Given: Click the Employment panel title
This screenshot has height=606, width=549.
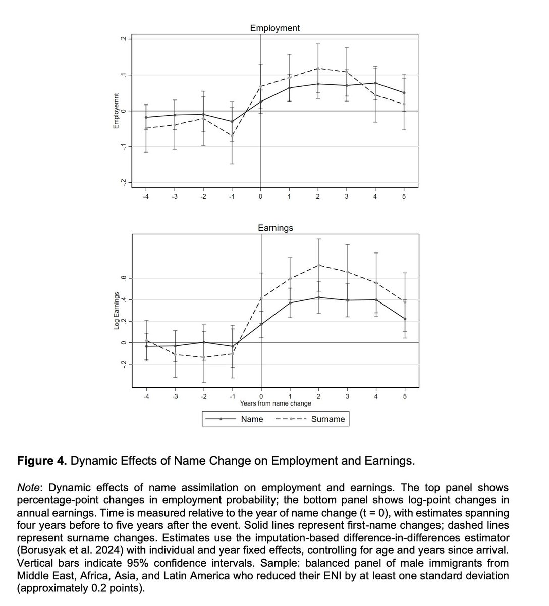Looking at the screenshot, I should click(274, 28).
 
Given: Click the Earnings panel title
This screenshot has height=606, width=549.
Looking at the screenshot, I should click(275, 228).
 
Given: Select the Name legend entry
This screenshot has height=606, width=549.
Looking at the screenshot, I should click(252, 419).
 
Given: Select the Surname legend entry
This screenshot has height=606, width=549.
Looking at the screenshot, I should click(328, 419).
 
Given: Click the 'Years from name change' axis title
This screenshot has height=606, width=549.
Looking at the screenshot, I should click(275, 403).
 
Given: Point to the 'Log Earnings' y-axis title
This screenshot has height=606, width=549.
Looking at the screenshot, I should click(117, 311).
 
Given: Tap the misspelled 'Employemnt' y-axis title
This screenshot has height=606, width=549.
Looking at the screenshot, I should click(116, 111).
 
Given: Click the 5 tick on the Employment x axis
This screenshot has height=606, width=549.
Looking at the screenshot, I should click(404, 196).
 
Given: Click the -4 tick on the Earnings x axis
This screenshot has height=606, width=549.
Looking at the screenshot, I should click(146, 396).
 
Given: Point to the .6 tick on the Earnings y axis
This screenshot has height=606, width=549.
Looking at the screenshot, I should click(122, 278).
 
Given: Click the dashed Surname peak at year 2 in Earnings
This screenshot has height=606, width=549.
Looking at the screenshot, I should click(318, 265).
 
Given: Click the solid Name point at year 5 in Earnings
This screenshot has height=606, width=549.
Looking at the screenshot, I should click(405, 319).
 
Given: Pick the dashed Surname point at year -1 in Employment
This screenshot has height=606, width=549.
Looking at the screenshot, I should click(232, 135).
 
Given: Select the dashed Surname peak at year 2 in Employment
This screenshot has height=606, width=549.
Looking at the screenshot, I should click(318, 68).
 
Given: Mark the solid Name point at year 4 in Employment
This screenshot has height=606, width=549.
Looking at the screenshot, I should click(375, 83).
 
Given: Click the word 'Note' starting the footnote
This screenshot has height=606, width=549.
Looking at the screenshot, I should click(28, 488).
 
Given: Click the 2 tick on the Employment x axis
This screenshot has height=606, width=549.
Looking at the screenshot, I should click(317, 196).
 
